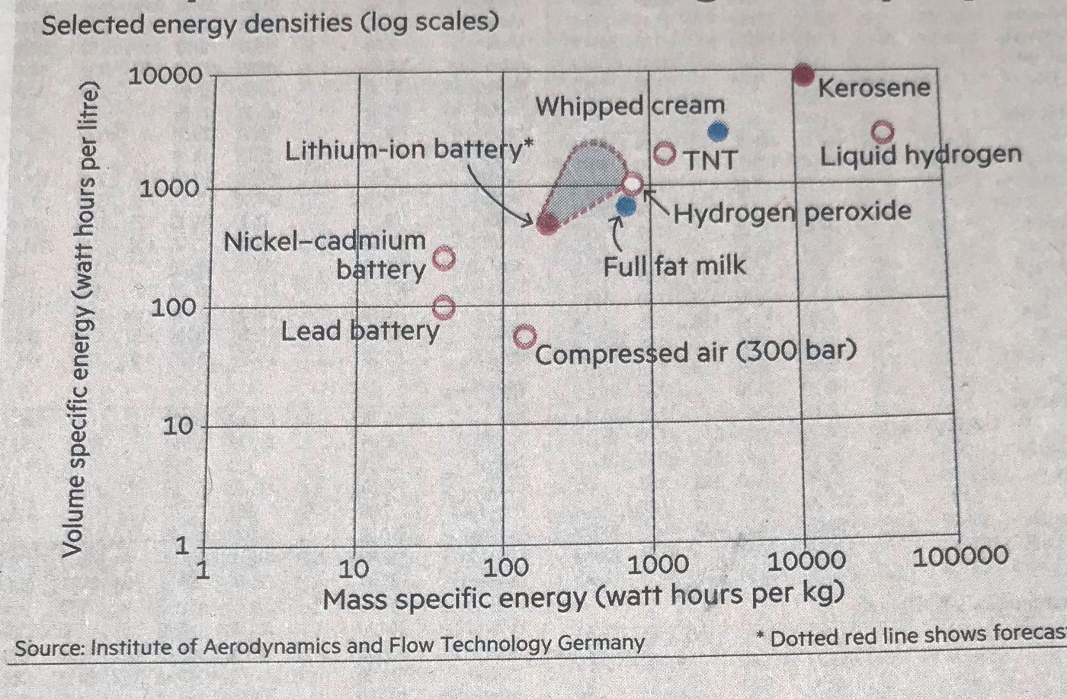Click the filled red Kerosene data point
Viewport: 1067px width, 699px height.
pos(804,75)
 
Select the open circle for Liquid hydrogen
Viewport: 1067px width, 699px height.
pos(882,132)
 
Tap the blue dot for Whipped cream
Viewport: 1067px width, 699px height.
pos(717,132)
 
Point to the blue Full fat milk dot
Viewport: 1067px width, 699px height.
pos(626,206)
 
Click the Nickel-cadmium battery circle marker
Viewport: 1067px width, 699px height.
pos(444,258)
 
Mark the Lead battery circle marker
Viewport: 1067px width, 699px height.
pos(444,308)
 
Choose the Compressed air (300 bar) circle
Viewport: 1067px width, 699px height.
pos(525,336)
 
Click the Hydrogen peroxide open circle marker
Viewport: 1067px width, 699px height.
pos(632,184)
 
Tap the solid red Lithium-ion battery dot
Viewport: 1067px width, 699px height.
pos(548,224)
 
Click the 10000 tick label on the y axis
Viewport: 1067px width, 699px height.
pos(165,76)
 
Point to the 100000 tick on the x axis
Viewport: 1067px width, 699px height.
pos(960,556)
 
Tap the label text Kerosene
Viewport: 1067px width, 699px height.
pos(874,88)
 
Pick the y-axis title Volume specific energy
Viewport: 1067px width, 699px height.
pos(81,320)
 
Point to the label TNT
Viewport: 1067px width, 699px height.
pos(711,160)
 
